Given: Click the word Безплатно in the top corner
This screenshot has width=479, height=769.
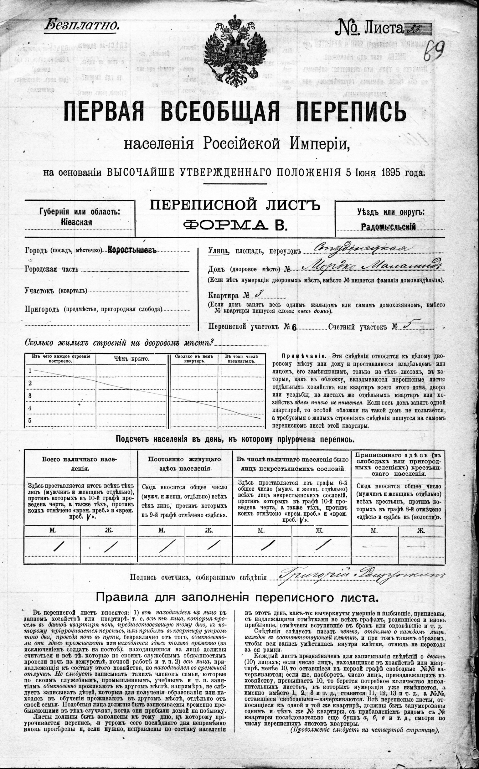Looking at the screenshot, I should click(82, 25).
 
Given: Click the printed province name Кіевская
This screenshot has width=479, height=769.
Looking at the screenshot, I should click(76, 222).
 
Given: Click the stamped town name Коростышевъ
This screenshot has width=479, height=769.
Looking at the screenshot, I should click(132, 250).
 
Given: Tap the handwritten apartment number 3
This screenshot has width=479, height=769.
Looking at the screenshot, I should click(257, 294).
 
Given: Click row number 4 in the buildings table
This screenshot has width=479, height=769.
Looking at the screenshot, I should click(30, 408).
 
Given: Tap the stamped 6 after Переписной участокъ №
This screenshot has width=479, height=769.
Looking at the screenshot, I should click(294, 328).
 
